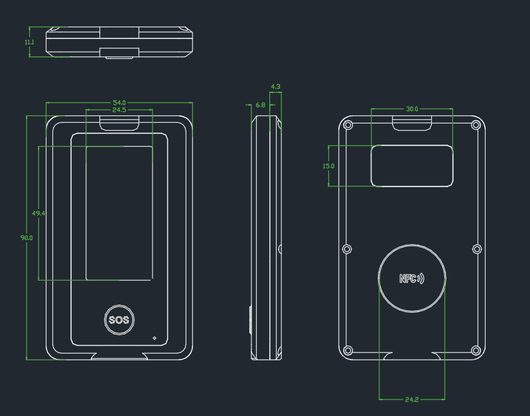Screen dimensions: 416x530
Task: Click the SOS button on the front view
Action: click(119, 320)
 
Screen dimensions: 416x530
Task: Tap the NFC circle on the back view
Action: click(412, 278)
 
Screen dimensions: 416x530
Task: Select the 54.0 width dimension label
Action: click(119, 103)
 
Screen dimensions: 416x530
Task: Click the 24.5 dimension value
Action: click(119, 110)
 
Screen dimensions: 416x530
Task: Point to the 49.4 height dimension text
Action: click(38, 214)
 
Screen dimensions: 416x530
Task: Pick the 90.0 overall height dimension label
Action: click(27, 238)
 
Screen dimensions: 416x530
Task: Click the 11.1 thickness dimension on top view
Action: click(29, 42)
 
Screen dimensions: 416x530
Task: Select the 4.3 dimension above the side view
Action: click(276, 87)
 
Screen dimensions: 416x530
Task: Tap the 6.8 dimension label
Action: click(260, 105)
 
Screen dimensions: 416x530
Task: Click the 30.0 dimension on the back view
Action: click(412, 109)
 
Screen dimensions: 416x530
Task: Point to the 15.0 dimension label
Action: click(328, 166)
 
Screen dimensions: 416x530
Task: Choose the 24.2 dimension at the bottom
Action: click(411, 399)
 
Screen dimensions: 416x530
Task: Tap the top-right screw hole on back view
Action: click(475, 125)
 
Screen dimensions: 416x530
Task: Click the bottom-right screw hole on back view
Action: click(475, 350)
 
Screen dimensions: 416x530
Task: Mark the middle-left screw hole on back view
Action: click(346, 249)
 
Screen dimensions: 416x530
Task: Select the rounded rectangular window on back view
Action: click(412, 166)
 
